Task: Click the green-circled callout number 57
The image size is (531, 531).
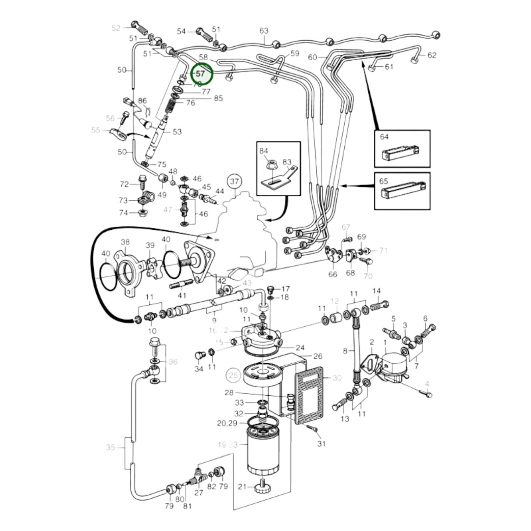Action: tap(201, 74)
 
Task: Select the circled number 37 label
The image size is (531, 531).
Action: tap(234, 181)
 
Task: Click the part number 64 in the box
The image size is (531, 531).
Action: tap(384, 137)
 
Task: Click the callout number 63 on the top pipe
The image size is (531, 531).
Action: tap(264, 31)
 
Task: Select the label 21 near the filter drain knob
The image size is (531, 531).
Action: tap(242, 487)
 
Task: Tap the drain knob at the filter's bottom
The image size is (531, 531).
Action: tap(263, 487)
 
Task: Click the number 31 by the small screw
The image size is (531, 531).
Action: tap(322, 444)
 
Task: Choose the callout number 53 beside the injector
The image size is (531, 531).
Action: tap(177, 132)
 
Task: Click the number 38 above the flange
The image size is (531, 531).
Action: tap(125, 242)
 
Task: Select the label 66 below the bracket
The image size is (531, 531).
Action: tap(333, 275)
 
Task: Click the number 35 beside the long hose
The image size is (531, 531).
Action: tap(111, 447)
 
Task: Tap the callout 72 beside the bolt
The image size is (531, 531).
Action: tap(125, 184)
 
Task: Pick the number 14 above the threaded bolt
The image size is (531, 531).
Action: tap(376, 291)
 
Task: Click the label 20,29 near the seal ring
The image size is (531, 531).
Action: tap(227, 423)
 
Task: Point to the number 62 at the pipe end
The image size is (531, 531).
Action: tap(432, 55)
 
